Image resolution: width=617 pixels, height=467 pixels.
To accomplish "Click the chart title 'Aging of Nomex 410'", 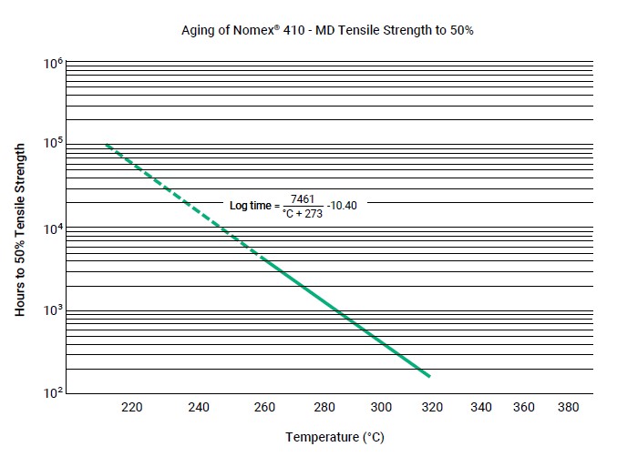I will [328, 30].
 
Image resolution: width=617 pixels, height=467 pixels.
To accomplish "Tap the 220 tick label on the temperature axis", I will [132, 407].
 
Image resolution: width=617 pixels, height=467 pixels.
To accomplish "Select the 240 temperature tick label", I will [198, 407].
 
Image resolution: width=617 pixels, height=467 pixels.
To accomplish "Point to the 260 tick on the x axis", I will [264, 407].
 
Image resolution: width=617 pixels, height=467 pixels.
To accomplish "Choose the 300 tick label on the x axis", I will [382, 407].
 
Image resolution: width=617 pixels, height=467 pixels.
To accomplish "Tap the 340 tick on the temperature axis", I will [481, 407].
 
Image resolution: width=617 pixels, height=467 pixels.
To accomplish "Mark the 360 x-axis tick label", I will [524, 407].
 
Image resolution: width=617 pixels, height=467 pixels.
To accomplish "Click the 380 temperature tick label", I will [568, 407].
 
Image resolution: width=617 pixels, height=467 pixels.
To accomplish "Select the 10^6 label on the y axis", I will [52, 65].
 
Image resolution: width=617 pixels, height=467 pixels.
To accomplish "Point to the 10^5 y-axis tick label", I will [52, 144].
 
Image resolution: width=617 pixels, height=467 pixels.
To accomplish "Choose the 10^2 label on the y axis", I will [52, 393].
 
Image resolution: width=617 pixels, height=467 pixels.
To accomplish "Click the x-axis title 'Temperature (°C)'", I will [334, 438].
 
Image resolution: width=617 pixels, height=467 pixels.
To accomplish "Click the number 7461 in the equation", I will [301, 198].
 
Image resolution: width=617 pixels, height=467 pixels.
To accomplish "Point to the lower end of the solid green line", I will [428, 376].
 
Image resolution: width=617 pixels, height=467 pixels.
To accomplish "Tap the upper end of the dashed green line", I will [106, 145].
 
